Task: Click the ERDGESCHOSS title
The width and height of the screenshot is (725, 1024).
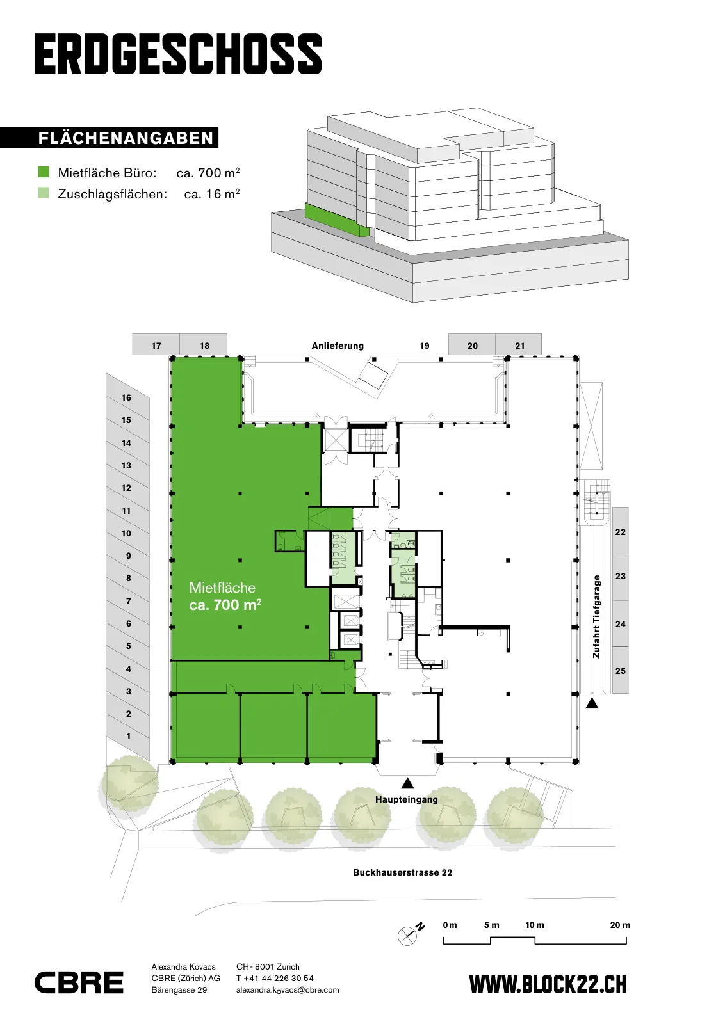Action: coord(179,54)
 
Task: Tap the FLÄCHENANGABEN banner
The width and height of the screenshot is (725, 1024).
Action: coord(110,138)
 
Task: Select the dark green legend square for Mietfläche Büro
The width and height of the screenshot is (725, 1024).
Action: coord(44,172)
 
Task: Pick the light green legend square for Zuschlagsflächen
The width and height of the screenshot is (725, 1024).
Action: coord(44,193)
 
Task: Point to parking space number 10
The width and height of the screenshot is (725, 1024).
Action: coord(127,533)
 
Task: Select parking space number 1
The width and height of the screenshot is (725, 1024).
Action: coord(129,736)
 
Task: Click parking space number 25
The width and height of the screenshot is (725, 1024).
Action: coord(620,671)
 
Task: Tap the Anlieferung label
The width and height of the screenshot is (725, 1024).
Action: coord(338,346)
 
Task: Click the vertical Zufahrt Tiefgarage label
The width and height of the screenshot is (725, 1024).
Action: coord(596,617)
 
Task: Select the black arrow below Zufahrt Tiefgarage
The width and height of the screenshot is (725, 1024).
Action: coord(592,703)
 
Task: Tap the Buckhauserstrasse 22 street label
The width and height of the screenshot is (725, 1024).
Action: coord(402,872)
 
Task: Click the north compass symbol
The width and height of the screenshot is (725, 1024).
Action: coord(411,934)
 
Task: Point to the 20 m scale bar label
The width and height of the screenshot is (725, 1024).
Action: coord(620,925)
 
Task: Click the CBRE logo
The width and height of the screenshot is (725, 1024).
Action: coord(79,982)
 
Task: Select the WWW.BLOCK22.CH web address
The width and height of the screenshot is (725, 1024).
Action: coord(548,984)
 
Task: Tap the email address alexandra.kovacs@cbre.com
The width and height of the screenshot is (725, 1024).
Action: coord(288,990)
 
